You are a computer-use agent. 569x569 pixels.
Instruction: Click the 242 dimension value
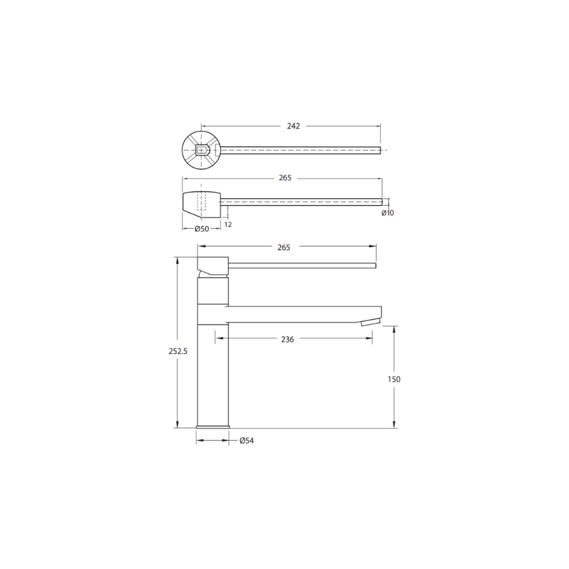pyautogui.click(x=292, y=126)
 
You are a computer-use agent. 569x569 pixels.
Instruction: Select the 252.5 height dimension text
pyautogui.click(x=178, y=351)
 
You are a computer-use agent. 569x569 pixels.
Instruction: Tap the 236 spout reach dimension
pyautogui.click(x=287, y=339)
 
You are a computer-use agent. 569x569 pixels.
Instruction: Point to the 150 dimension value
pyautogui.click(x=394, y=379)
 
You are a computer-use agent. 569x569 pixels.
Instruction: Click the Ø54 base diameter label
pyautogui.click(x=246, y=440)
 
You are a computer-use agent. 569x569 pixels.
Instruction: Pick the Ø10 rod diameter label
pyautogui.click(x=387, y=213)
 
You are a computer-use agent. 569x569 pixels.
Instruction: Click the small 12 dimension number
pyautogui.click(x=228, y=224)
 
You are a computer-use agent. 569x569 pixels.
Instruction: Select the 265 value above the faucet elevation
pyautogui.click(x=283, y=247)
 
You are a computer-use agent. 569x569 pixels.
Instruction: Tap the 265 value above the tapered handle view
pyautogui.click(x=285, y=178)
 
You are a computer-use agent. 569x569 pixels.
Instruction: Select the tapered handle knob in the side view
pyautogui.click(x=200, y=201)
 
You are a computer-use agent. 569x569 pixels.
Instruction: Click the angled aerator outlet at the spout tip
pyautogui.click(x=369, y=322)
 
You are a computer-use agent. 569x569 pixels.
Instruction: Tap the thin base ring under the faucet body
pyautogui.click(x=213, y=427)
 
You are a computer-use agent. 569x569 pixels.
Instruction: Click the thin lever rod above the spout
pyautogui.click(x=302, y=265)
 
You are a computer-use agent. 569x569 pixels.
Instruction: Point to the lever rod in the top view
pyautogui.click(x=299, y=150)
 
